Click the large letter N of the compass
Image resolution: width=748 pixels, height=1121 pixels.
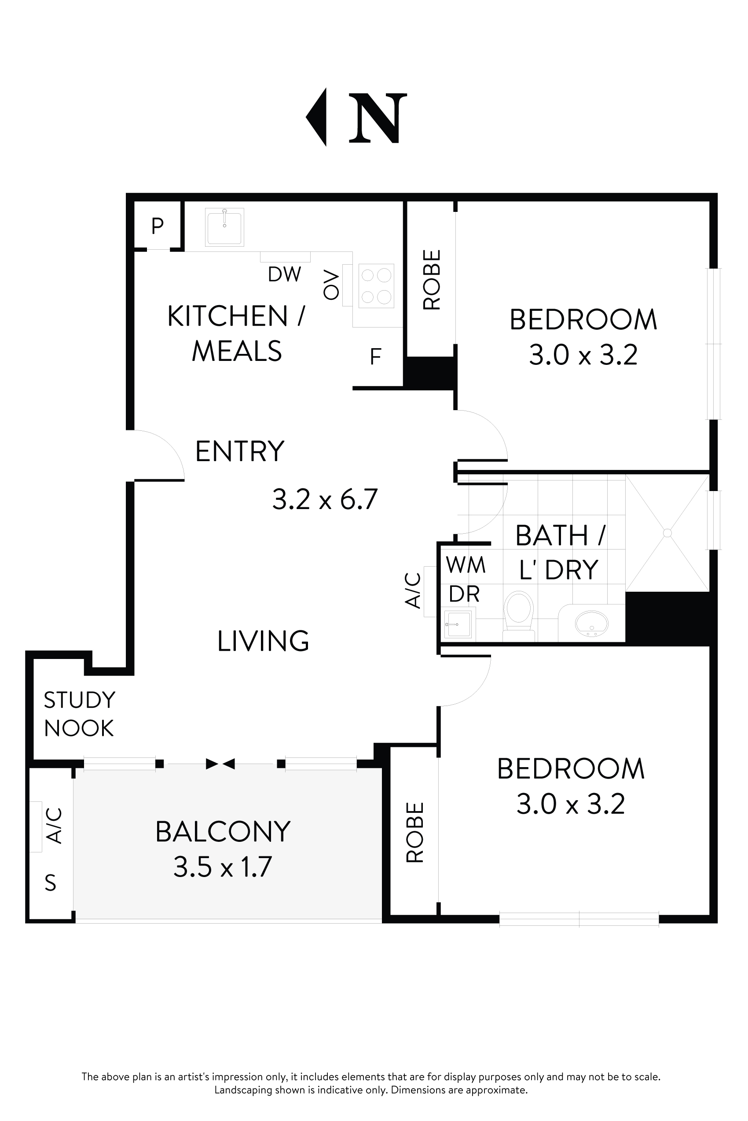[x=378, y=118]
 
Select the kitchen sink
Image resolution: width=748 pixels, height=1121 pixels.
[x=225, y=227]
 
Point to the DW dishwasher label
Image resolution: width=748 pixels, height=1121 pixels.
[x=284, y=274]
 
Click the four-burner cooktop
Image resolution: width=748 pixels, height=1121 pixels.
[x=376, y=286]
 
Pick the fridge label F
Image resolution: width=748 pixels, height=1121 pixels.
[x=375, y=357]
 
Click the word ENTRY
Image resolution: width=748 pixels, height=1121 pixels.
[x=239, y=451]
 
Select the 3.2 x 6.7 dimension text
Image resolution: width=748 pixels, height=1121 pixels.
[x=325, y=499]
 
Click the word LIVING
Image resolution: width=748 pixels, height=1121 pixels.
[x=263, y=641]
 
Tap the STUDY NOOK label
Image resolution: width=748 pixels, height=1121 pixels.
[x=79, y=714]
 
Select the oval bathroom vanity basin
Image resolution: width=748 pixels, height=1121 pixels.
[x=591, y=623]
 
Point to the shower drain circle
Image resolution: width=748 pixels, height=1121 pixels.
[x=667, y=533]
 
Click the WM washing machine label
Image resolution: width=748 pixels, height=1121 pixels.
[x=466, y=565]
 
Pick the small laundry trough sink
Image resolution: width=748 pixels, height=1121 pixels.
[x=458, y=624]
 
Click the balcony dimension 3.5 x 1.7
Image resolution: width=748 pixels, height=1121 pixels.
[x=223, y=867]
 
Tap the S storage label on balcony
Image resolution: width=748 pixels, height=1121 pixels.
[x=51, y=883]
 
